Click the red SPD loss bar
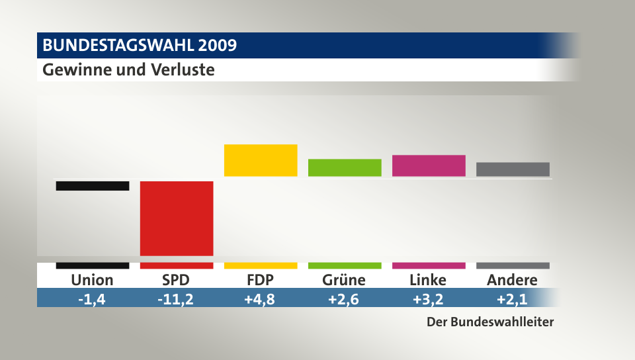tap(177, 218)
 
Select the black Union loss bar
tap(93, 186)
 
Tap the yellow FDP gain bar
tap(261, 160)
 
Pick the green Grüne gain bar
tap(345, 167)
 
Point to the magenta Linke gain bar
tap(429, 165)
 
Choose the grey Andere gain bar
tap(513, 169)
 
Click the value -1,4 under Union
tap(93, 299)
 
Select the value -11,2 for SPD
tap(176, 299)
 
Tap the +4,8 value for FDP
tap(261, 299)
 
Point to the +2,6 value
tap(345, 299)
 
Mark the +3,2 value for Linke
tap(429, 299)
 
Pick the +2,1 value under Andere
tap(513, 299)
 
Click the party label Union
tap(93, 280)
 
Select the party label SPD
tap(176, 280)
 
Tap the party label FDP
tap(261, 280)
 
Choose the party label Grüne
tap(345, 280)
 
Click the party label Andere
tap(513, 280)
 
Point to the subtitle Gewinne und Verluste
tap(128, 69)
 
